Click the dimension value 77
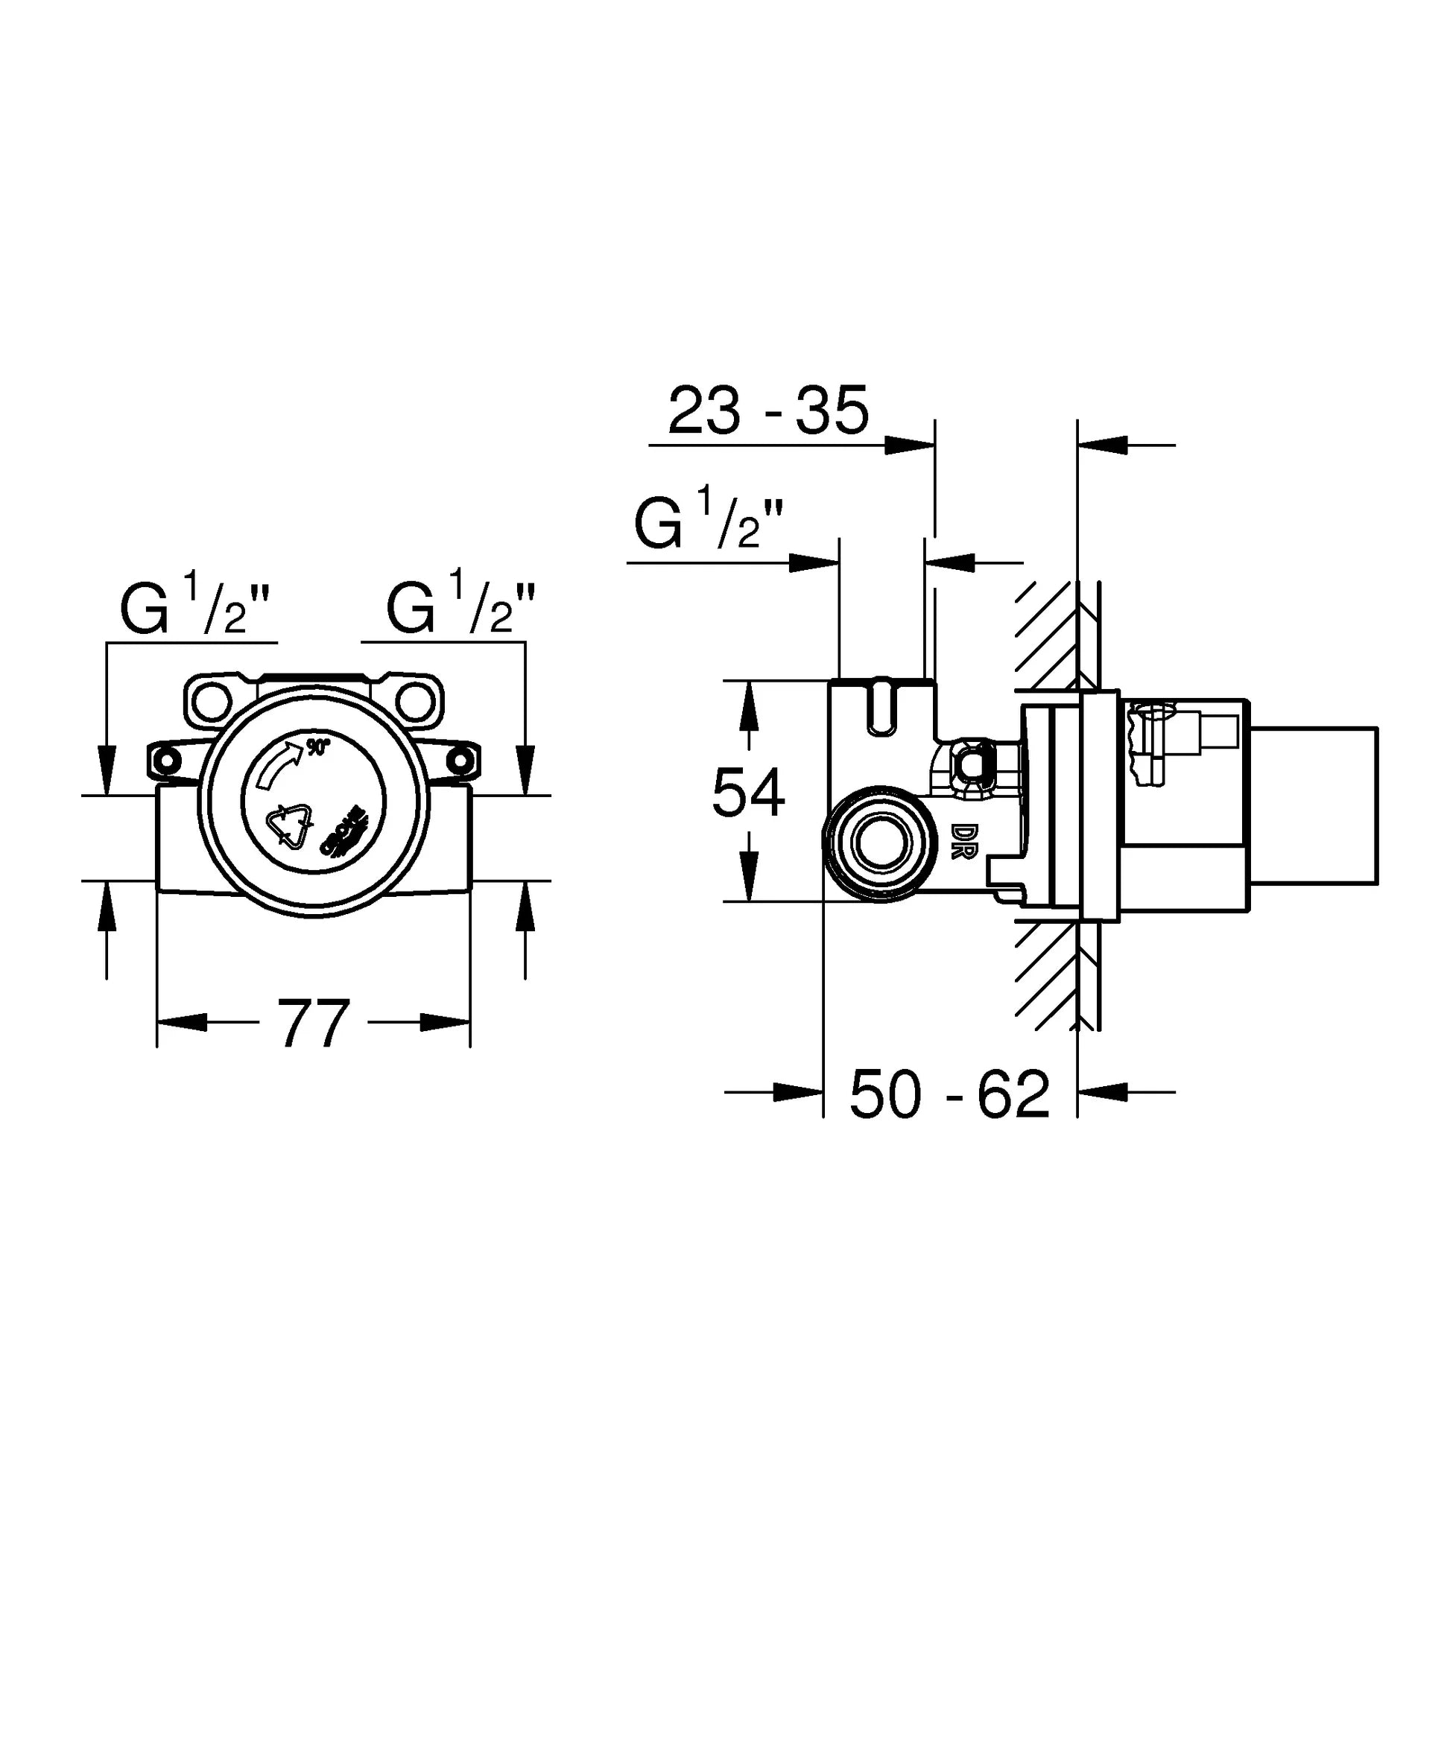[x=313, y=1024]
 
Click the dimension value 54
[x=747, y=793]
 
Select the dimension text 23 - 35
[x=768, y=410]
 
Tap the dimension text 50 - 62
[x=949, y=1095]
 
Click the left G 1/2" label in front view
[x=195, y=609]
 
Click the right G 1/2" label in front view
[x=461, y=609]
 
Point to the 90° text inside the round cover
[x=318, y=746]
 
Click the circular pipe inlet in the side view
[x=880, y=843]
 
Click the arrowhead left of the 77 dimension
[x=182, y=1022]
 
